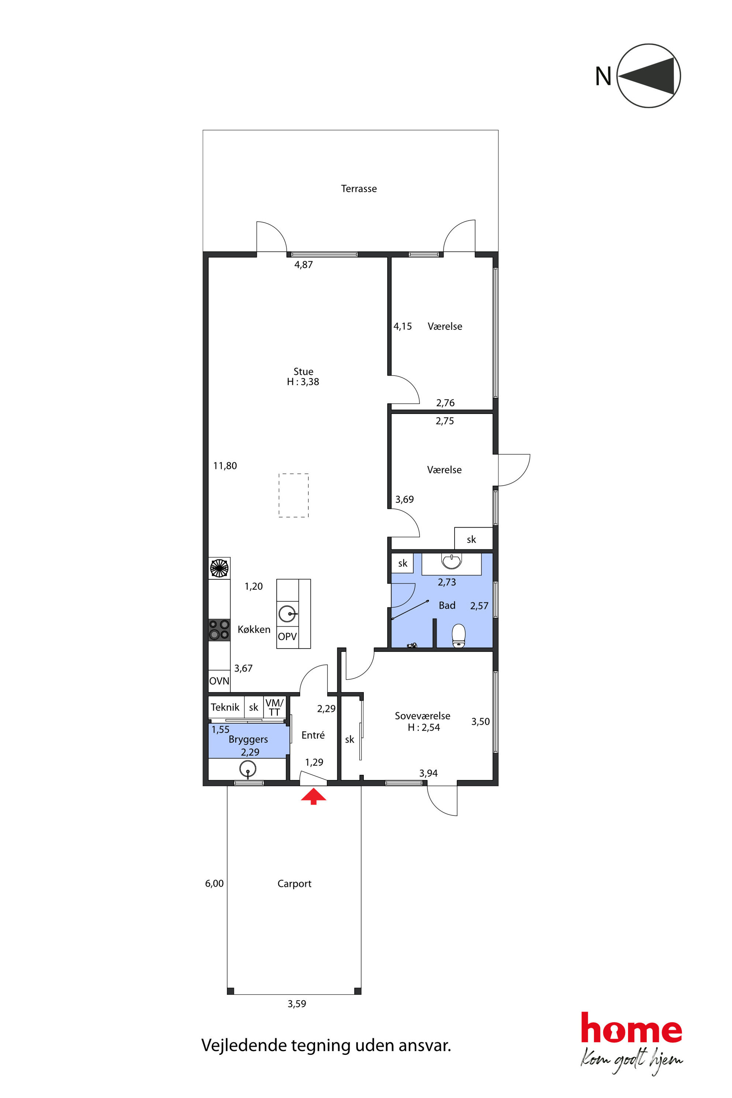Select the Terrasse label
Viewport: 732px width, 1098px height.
(359, 189)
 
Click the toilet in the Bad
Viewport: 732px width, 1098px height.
(459, 635)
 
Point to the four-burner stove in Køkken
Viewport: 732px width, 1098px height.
(219, 630)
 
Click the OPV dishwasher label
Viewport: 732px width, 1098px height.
(287, 636)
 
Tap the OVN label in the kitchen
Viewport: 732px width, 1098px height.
(219, 681)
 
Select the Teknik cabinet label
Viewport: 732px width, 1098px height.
(225, 707)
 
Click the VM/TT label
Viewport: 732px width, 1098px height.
(274, 707)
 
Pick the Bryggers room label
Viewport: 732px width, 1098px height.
(248, 739)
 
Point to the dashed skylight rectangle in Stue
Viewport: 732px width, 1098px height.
(294, 495)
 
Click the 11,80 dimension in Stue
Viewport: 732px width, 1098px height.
(225, 466)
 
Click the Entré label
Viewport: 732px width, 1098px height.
(313, 735)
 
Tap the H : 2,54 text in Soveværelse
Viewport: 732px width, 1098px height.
(424, 727)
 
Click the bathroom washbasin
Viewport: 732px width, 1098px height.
(452, 562)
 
